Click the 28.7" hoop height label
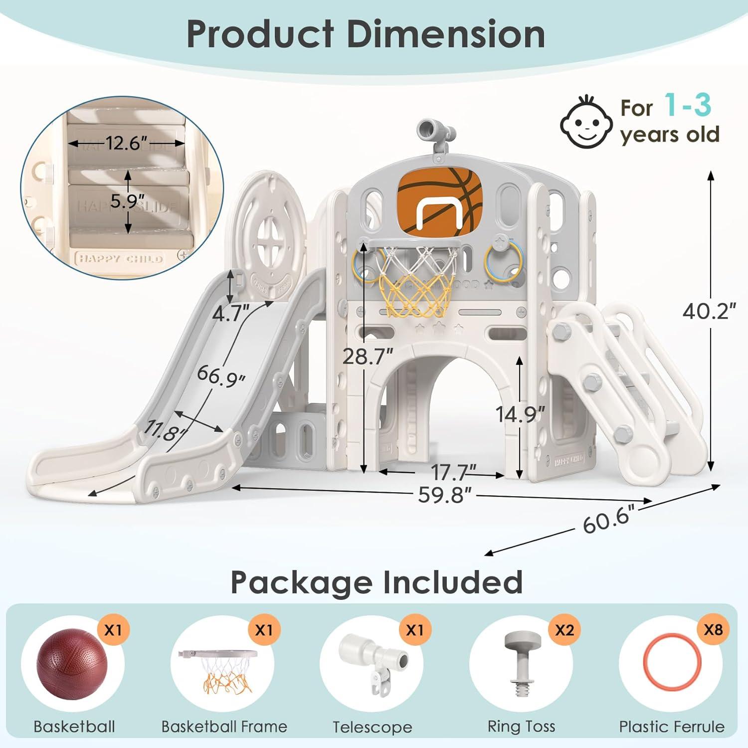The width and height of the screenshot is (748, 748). (368, 357)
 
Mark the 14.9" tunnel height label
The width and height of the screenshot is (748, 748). (520, 414)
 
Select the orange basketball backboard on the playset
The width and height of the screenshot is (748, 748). (439, 199)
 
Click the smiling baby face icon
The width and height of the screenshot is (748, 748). (586, 122)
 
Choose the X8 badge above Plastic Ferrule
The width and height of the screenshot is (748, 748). (713, 629)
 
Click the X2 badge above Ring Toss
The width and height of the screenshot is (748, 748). (564, 630)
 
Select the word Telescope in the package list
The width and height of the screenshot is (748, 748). (373, 727)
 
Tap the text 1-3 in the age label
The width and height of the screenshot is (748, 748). (688, 105)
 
